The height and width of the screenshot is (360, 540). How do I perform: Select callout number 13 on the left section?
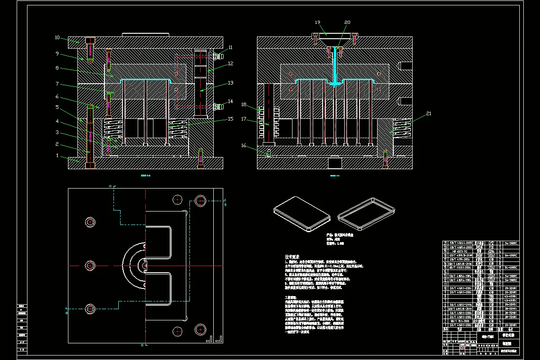pyautogui.click(x=230, y=82)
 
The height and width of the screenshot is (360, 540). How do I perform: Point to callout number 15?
pyautogui.click(x=230, y=119)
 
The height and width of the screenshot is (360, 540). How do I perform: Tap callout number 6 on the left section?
pyautogui.click(x=57, y=96)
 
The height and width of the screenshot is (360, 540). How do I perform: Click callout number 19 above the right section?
pyautogui.click(x=318, y=22)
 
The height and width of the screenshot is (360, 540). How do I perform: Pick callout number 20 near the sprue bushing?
pyautogui.click(x=347, y=22)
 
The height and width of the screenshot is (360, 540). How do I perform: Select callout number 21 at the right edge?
pyautogui.click(x=428, y=113)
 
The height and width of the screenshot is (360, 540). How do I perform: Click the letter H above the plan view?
pyautogui.click(x=110, y=185)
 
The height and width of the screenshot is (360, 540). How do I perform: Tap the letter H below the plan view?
pyautogui.click(x=142, y=345)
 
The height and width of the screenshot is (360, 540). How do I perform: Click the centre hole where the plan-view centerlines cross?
pyautogui.click(x=145, y=265)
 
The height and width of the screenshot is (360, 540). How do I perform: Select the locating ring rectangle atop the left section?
pyautogui.click(x=145, y=34)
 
